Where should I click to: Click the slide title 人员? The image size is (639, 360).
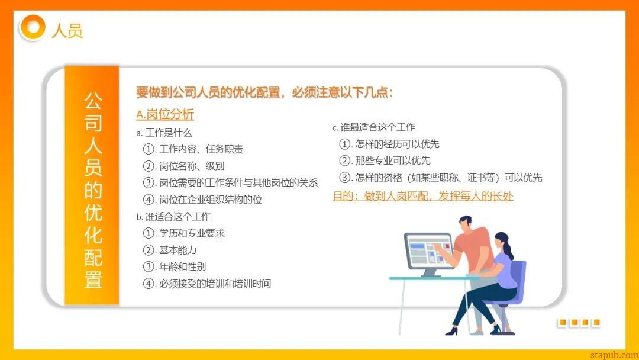[67, 31]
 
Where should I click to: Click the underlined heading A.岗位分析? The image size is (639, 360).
[165, 114]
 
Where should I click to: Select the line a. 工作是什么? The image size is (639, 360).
[164, 133]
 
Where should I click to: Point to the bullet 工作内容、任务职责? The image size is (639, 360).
[193, 149]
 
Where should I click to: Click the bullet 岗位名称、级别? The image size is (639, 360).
[184, 166]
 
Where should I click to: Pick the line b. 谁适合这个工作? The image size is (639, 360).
[173, 217]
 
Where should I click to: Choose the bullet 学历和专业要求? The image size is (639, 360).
[184, 233]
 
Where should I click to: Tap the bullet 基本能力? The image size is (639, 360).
[170, 250]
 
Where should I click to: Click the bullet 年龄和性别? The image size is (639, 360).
[175, 266]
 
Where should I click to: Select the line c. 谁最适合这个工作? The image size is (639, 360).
[374, 128]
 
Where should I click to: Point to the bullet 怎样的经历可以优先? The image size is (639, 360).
[389, 144]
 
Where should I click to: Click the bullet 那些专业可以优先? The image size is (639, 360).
[385, 160]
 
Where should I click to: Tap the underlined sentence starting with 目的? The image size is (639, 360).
[423, 196]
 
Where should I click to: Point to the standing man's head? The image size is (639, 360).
[466, 224]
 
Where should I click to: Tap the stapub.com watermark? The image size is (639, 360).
[614, 355]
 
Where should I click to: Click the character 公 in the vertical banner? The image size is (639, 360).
[93, 101]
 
